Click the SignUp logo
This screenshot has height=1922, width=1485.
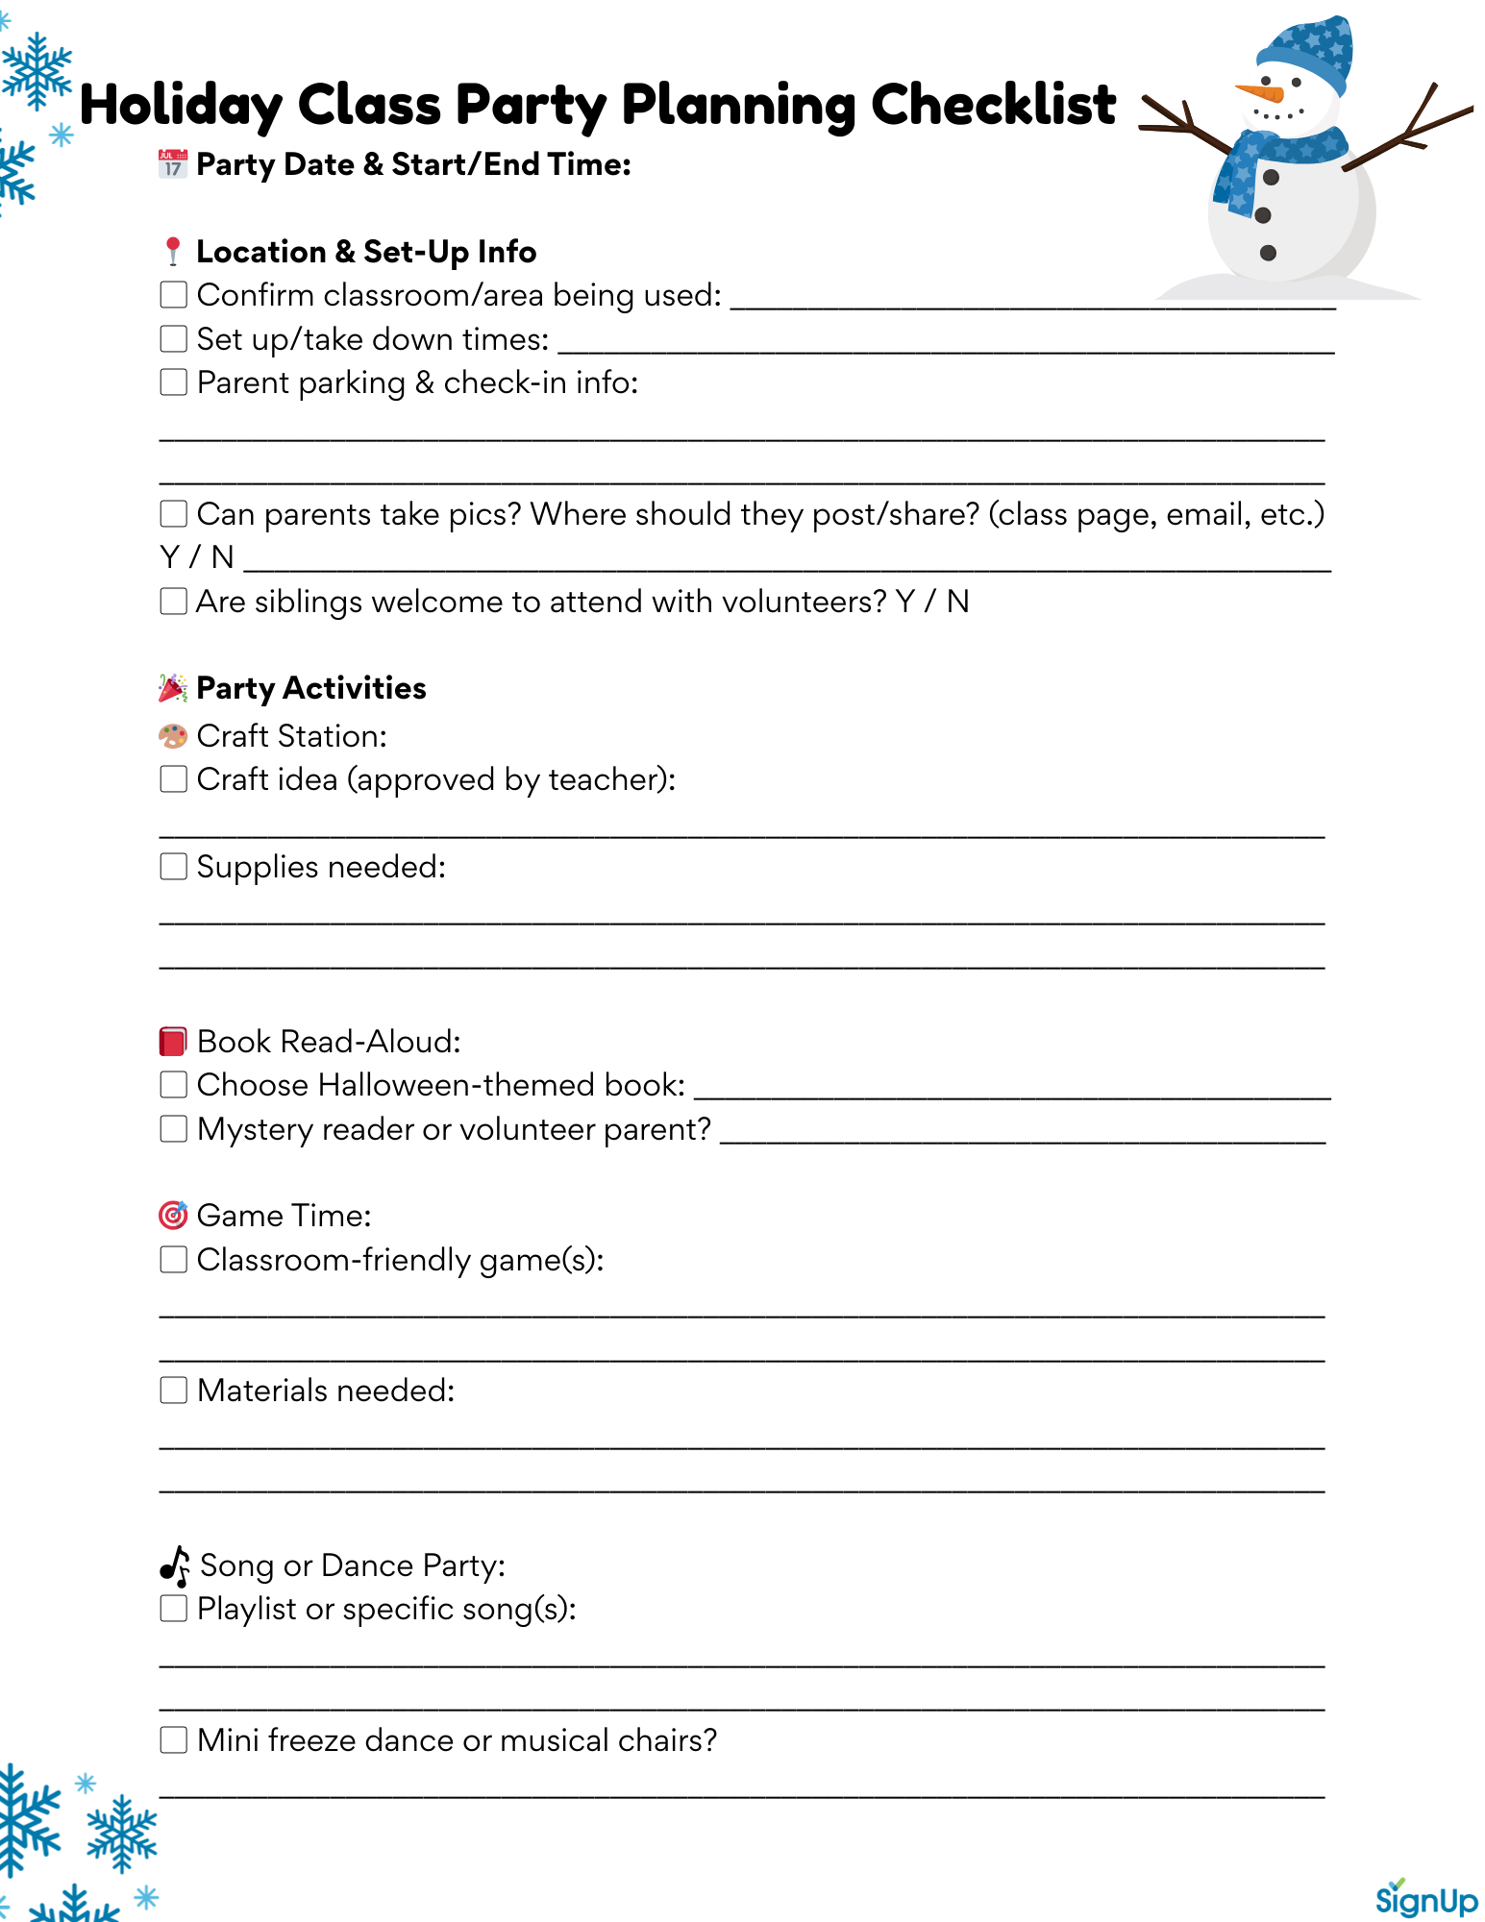click(x=1426, y=1899)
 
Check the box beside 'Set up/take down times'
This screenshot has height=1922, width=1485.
click(x=173, y=338)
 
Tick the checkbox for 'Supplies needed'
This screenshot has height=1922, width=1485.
click(x=173, y=866)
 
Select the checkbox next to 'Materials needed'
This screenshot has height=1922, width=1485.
click(x=173, y=1390)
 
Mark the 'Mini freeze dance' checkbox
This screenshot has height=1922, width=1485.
click(x=173, y=1739)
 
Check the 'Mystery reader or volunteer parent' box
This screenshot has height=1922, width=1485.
click(x=173, y=1128)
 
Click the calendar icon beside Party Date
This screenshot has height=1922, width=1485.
click(x=173, y=164)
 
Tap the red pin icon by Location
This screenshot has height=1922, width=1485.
click(x=173, y=251)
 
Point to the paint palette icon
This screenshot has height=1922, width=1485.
click(x=173, y=736)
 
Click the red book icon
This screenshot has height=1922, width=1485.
click(x=173, y=1041)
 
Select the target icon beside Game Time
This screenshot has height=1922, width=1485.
click(x=173, y=1215)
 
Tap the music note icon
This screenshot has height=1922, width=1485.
click(x=175, y=1565)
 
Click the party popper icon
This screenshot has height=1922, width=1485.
click(x=173, y=688)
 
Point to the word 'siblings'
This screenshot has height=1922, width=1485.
click(x=308, y=602)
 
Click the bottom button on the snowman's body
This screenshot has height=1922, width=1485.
click(x=1268, y=253)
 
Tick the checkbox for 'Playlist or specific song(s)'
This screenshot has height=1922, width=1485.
click(x=173, y=1608)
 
